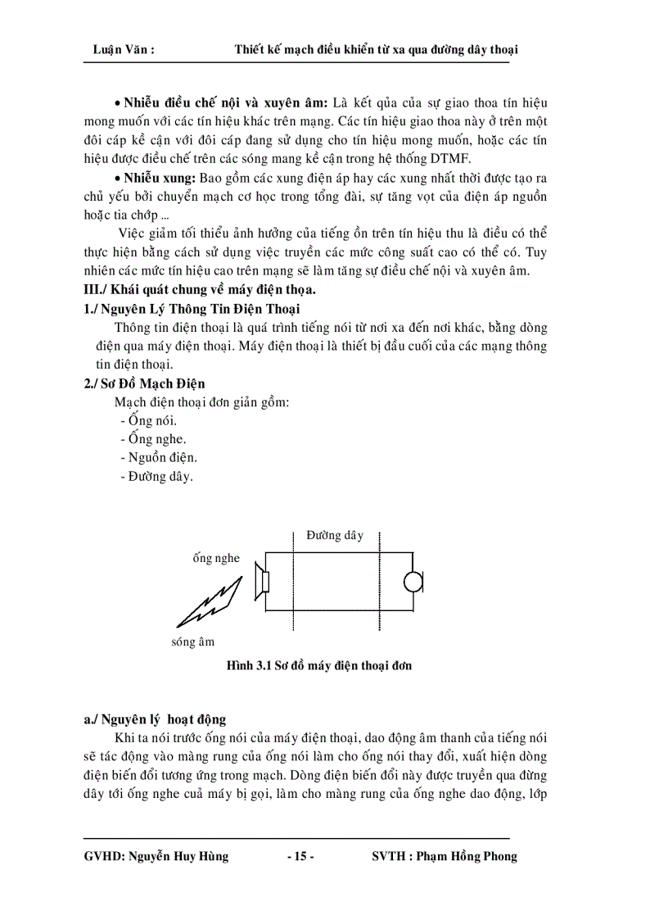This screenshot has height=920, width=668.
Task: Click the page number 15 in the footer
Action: [x=300, y=857]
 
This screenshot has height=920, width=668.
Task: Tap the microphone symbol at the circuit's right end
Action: [x=413, y=581]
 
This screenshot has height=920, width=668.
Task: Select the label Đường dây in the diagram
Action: [x=335, y=536]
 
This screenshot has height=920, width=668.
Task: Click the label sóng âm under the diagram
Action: [x=193, y=642]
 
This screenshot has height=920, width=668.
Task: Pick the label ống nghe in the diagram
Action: [x=216, y=559]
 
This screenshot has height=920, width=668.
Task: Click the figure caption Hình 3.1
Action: [x=319, y=666]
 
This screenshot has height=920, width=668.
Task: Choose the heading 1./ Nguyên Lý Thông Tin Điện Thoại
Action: [x=192, y=309]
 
